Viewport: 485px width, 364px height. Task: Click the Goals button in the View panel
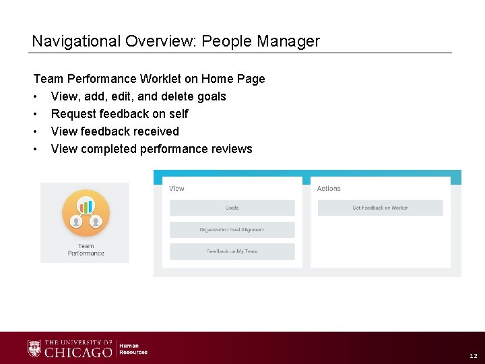coord(232,208)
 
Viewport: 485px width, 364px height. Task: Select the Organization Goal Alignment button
coord(232,230)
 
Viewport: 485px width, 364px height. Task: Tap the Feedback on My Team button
coord(232,251)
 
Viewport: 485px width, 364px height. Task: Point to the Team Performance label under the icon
coord(86,250)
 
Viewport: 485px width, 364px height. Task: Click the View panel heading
coord(177,189)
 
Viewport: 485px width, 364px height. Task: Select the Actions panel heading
coord(329,189)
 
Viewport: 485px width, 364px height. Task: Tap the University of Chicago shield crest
coord(34,348)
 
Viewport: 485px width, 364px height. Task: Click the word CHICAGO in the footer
coord(78,352)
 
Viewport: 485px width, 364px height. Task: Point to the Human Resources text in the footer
coord(133,349)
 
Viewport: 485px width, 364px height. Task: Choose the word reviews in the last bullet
coord(230,149)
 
